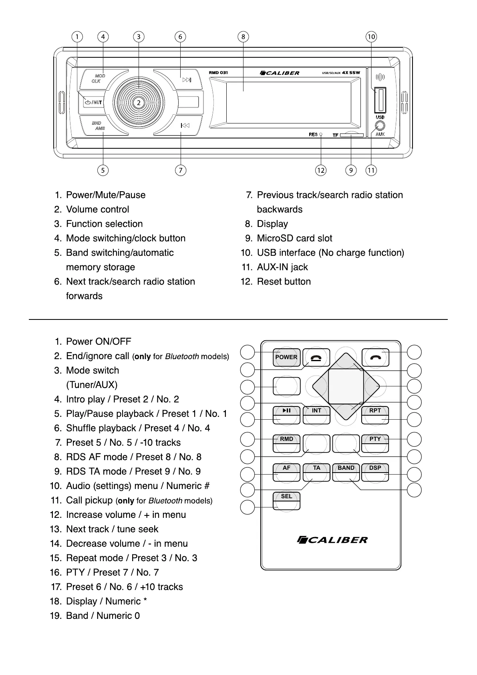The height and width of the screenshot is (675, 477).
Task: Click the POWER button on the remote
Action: pos(286,357)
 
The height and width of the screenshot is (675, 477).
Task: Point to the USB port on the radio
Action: pos(380,100)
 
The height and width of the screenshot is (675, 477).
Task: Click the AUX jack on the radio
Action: pos(380,125)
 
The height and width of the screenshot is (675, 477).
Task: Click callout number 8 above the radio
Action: pos(243,37)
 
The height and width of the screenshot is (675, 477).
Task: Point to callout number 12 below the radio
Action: pos(320,170)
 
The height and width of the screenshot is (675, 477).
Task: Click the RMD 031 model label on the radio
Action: pos(218,73)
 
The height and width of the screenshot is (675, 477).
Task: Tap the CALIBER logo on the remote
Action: pos(332,540)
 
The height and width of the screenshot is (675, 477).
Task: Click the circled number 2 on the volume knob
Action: pos(139,103)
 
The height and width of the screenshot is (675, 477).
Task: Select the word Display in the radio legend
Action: pos(272,224)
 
